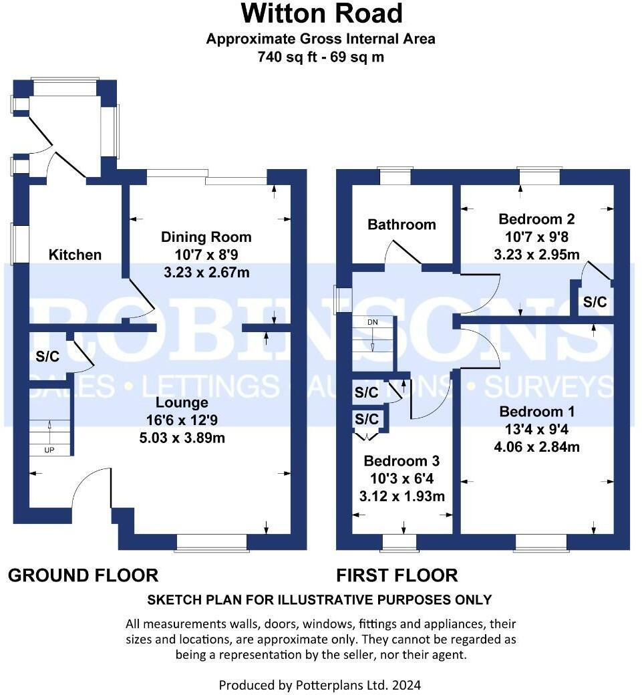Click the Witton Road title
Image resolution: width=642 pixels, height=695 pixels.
321,13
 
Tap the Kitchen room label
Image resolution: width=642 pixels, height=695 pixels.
75,255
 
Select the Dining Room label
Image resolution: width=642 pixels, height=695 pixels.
206,237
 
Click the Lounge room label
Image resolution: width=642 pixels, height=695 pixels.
182,402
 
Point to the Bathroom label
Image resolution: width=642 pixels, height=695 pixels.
402,225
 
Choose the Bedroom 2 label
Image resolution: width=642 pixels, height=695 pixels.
536,219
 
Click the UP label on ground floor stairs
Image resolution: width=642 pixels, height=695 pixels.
49,450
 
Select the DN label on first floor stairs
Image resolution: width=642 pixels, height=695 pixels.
372,322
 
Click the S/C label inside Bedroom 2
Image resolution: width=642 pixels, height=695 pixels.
595,302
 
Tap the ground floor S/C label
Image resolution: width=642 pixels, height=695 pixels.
47,357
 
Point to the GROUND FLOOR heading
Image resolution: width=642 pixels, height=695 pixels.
83,575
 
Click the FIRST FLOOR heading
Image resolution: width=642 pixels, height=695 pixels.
397,575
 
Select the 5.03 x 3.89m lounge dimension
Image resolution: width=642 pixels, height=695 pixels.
182,438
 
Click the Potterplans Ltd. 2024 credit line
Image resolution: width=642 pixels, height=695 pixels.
320,685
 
